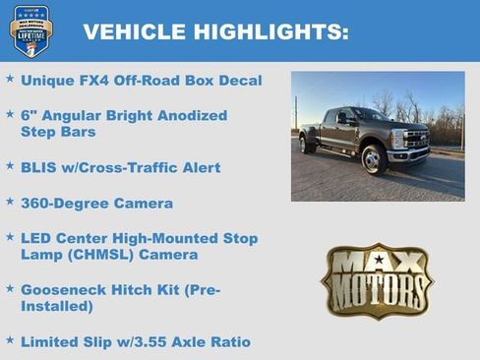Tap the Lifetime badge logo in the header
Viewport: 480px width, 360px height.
[x=30, y=30]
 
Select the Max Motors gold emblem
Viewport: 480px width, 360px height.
[x=376, y=281]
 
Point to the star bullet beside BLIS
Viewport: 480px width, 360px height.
[x=10, y=166]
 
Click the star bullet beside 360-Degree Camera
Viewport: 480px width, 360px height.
[x=10, y=202]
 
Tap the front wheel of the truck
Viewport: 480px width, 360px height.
[x=374, y=157]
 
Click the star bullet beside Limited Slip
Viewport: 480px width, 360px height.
[x=10, y=340]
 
